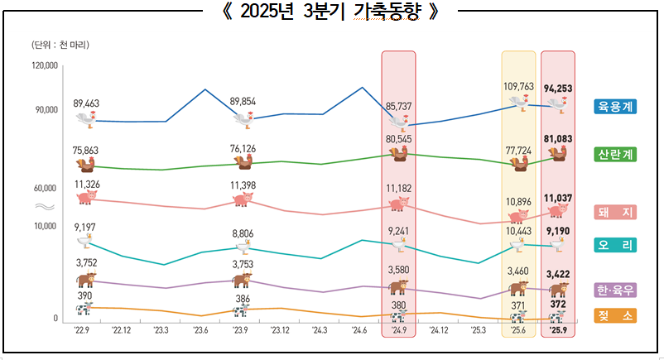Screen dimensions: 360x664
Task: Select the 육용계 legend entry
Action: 615,106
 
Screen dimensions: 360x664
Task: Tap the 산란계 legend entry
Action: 615,155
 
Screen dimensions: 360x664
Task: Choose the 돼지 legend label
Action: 615,213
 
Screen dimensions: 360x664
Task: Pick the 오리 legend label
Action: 615,246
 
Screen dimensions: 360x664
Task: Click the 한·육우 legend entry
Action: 615,290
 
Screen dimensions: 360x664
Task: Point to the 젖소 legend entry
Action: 615,315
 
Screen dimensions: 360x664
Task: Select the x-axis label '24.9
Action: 398,329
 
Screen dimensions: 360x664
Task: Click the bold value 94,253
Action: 559,88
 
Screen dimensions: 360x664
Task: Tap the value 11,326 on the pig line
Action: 86,184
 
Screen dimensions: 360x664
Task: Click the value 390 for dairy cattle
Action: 84,295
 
